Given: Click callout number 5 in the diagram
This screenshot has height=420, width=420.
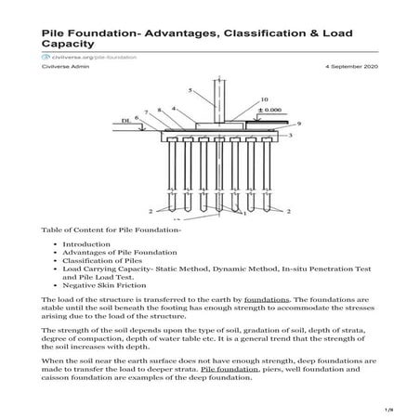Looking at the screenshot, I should pos(190,90).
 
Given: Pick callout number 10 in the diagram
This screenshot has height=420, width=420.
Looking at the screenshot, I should pos(265,98).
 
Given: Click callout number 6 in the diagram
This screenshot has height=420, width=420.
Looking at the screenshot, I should pos(137,117).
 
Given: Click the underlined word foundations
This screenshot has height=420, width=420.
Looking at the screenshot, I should pos(269,301).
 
